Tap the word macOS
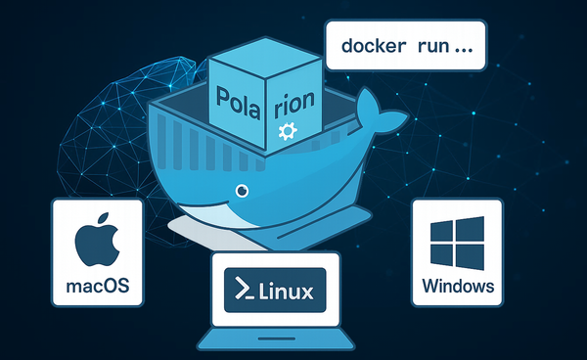pyautogui.click(x=98, y=289)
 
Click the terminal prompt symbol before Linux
pyautogui.click(x=241, y=291)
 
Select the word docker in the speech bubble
pyautogui.click(x=376, y=46)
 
